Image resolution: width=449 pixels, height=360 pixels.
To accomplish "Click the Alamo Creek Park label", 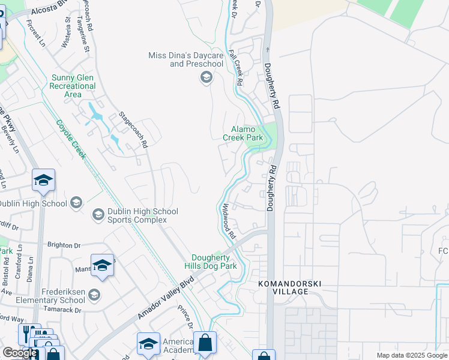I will (243, 133).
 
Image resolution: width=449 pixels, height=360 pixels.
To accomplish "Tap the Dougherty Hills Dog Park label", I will (214, 262).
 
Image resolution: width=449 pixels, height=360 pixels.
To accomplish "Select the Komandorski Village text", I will (283, 287).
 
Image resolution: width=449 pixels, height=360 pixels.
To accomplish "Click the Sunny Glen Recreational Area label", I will (73, 86).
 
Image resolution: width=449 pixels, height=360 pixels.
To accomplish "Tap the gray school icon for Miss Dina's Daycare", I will (206, 77).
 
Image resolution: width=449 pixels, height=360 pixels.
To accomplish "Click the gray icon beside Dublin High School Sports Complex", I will (97, 214).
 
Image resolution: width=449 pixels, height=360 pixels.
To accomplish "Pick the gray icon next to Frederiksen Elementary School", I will (94, 294).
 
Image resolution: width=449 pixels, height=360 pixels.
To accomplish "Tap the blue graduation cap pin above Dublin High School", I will (44, 180).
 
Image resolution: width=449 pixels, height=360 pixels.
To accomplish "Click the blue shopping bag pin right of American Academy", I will (205, 343).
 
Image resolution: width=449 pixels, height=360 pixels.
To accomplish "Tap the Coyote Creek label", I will (71, 140).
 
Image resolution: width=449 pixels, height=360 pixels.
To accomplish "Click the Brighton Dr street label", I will (64, 245).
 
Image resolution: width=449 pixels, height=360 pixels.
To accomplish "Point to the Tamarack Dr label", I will (62, 310).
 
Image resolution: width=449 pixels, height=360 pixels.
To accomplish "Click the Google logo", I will (20, 353).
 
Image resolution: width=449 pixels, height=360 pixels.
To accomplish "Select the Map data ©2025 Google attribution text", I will (411, 355).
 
